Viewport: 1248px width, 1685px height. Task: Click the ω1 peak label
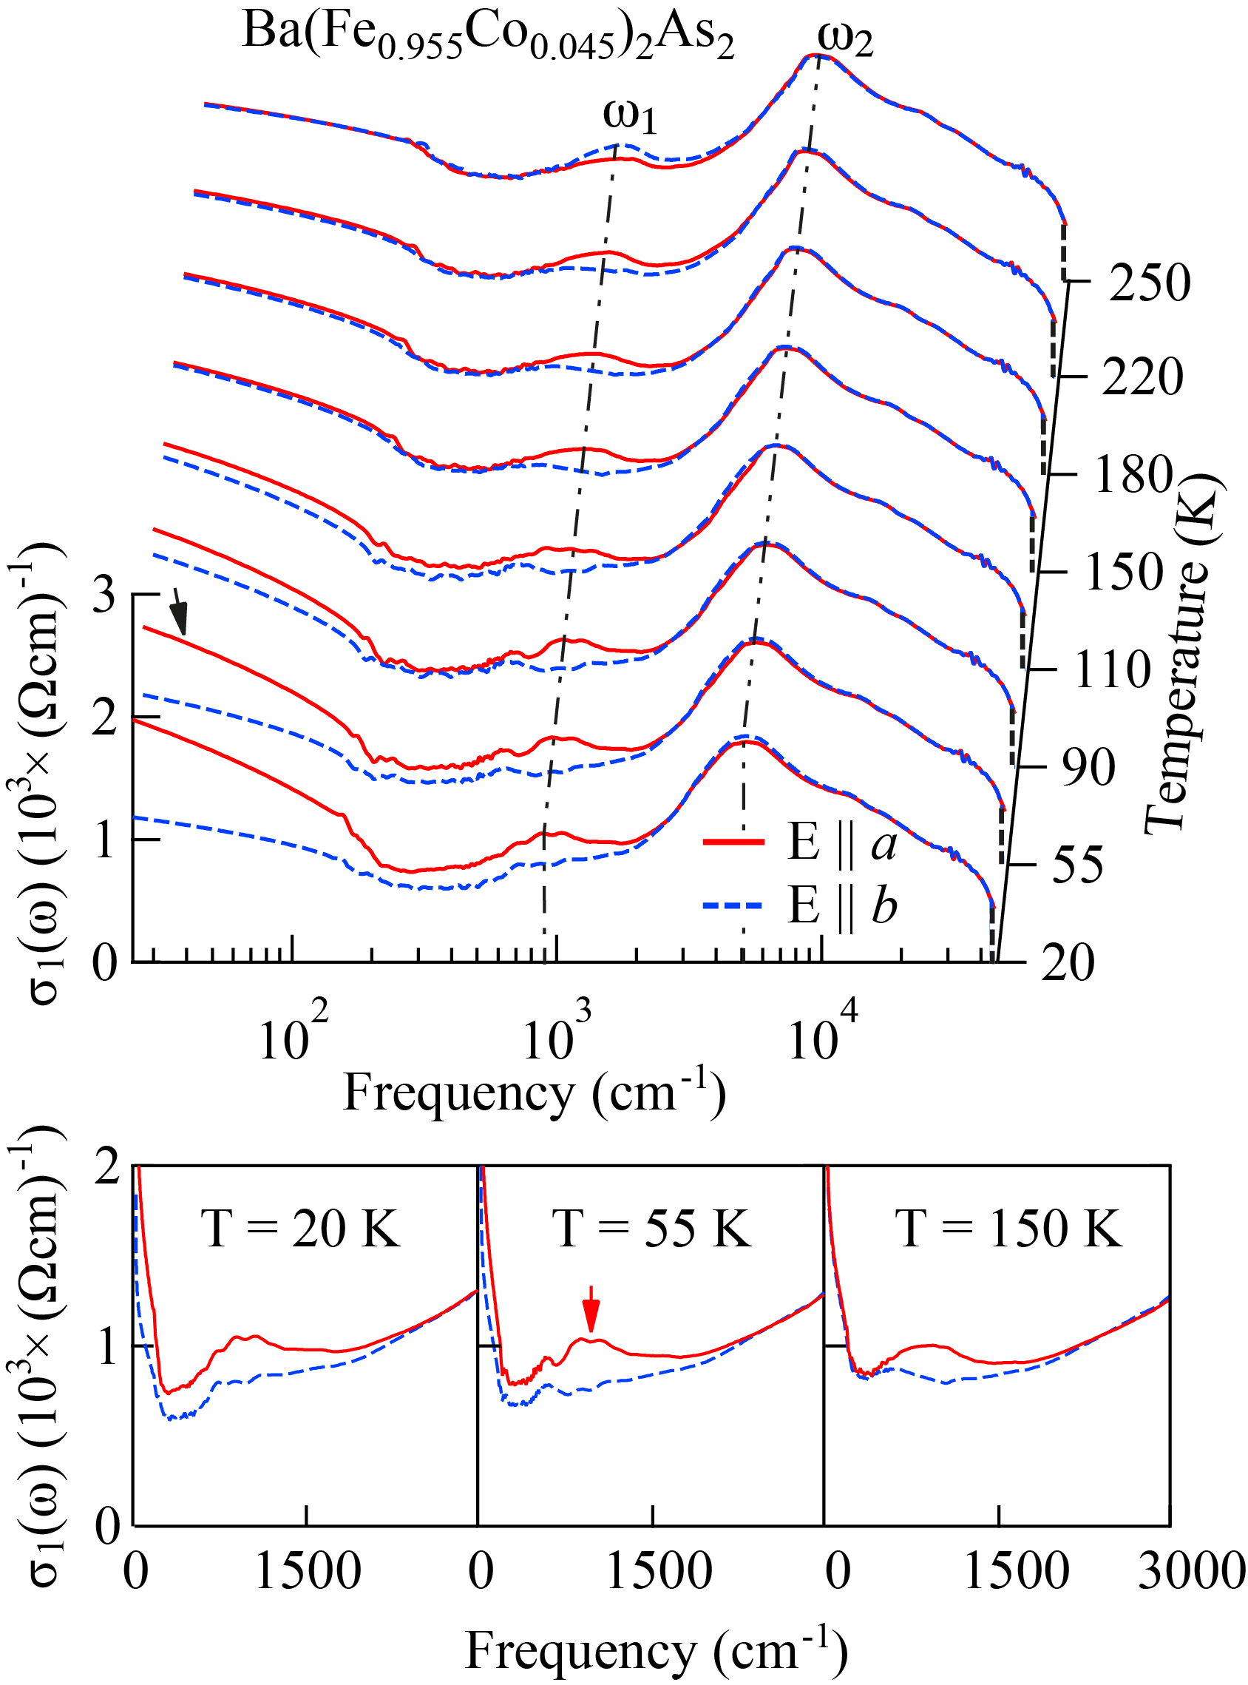point(629,115)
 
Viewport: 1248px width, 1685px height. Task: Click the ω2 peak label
point(845,39)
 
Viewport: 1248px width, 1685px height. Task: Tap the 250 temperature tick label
point(1149,283)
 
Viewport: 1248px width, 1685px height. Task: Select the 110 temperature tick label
point(1112,669)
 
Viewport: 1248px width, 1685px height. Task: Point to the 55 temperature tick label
point(1077,865)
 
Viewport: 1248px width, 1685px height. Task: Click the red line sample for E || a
point(733,841)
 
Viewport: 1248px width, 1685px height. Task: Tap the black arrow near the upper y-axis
point(178,612)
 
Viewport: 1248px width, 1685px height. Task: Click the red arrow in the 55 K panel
point(591,1309)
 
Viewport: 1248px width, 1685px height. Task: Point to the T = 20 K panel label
point(300,1229)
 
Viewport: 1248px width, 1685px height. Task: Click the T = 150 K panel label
point(1008,1229)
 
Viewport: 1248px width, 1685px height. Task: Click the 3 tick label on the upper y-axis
point(104,595)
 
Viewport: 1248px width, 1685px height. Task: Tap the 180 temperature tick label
point(1133,476)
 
